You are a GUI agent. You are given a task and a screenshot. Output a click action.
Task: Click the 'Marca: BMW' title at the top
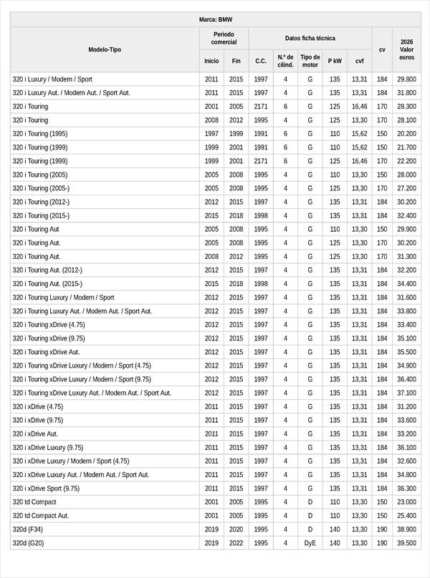pos(216,19)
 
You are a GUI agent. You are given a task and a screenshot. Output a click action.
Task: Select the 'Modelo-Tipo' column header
pos(105,49)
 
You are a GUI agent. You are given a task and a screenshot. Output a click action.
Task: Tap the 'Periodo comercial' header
pos(224,38)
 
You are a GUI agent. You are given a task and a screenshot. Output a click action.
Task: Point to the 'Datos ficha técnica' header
pos(310,38)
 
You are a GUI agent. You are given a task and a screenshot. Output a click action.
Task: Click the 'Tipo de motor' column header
pos(310,61)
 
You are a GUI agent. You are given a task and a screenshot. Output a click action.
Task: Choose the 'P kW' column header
pos(335,61)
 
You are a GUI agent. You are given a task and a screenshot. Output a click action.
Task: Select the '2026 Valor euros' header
pos(406,49)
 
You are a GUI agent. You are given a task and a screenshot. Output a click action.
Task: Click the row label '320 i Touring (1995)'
pos(40,134)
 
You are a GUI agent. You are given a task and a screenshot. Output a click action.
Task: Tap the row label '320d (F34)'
pos(28,529)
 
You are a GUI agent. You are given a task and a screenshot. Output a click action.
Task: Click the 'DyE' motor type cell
pos(310,543)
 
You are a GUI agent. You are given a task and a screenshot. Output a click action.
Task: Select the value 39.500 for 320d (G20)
pos(406,543)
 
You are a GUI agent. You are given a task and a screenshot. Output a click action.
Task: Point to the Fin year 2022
pos(236,543)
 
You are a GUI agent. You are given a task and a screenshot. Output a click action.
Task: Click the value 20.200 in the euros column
pos(406,134)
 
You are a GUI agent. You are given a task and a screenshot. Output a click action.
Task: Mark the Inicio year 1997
pos(211,134)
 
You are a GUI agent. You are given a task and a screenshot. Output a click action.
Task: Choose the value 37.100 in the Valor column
pos(406,393)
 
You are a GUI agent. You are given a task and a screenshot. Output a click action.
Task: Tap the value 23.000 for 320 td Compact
pos(406,502)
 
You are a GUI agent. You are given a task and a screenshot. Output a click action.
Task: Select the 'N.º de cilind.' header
pos(285,61)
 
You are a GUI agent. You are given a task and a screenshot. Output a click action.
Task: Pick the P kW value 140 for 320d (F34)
pos(335,529)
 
